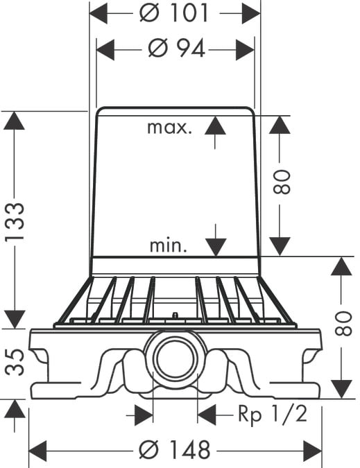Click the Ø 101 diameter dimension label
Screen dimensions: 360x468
173,13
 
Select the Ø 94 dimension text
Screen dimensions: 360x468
176,49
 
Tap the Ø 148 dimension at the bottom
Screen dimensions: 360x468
175,449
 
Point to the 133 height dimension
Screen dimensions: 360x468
15,221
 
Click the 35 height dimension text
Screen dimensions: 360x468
15,362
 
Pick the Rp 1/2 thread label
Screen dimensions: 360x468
273,414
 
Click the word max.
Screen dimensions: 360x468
169,128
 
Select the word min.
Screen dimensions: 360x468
169,245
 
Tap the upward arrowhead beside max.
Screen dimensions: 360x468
215,125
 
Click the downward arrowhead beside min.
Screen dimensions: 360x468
216,247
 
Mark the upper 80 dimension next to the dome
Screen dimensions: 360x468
282,182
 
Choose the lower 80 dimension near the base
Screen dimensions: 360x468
343,324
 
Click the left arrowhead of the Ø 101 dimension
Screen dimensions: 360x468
98,13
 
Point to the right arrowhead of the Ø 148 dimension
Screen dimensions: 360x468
313,451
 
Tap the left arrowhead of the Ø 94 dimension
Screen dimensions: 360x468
105,49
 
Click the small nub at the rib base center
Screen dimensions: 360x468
175,315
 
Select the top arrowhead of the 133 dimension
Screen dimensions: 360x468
14,121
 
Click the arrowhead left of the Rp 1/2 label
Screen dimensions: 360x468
207,415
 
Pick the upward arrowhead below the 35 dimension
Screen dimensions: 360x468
15,409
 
